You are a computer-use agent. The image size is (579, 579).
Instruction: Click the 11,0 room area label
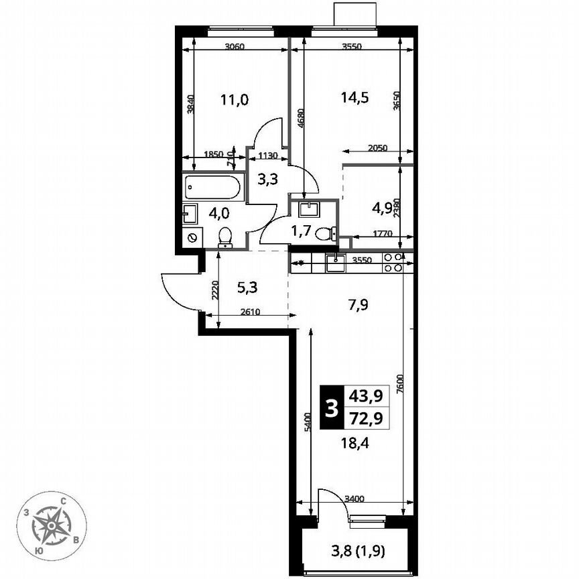click(235, 101)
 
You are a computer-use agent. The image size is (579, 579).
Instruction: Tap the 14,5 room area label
click(355, 96)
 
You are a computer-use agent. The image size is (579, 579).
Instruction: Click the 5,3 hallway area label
click(247, 288)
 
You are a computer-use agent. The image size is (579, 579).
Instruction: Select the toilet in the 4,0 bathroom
click(226, 237)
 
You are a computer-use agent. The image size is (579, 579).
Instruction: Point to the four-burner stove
click(393, 262)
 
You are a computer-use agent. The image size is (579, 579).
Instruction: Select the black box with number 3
click(330, 407)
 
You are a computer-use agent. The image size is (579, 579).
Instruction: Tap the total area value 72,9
click(366, 418)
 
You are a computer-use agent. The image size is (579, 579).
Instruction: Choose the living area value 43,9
click(366, 396)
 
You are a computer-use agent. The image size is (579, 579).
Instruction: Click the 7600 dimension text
click(400, 387)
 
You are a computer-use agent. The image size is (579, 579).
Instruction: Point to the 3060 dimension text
click(234, 47)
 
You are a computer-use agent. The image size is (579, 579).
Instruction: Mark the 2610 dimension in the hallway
click(249, 312)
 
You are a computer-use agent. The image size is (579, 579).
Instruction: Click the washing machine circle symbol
click(192, 237)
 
